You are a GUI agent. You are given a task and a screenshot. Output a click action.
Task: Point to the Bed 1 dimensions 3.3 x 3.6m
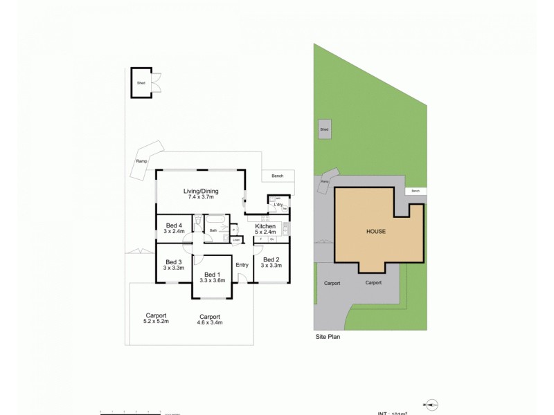213,280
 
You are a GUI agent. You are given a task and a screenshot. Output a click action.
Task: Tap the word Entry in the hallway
242,265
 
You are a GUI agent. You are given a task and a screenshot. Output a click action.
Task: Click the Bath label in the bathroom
214,230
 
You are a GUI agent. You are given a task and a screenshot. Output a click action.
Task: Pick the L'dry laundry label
279,205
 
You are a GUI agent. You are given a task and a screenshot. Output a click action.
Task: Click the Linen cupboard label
236,240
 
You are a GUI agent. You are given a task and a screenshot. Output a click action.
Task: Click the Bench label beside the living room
278,176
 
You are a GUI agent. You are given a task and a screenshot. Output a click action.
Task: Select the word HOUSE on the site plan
376,231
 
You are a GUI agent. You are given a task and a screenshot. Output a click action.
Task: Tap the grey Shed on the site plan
324,129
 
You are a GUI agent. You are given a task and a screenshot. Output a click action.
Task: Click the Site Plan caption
325,338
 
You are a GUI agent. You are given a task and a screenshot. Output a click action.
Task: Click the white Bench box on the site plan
415,191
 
